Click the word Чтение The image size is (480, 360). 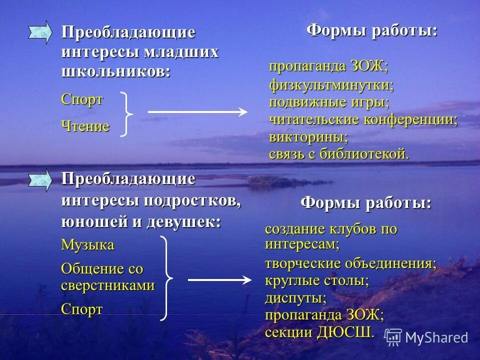pos(85,126)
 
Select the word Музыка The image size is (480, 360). pos(87,245)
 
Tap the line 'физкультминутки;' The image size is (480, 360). pos(331,85)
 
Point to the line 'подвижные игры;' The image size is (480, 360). pos(329,102)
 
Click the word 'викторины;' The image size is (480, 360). pos(308,136)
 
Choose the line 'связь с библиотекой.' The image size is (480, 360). pos(339,153)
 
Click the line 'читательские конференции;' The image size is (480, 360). pos(363,119)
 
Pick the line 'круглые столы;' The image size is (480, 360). pos(316,280)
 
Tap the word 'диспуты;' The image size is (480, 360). pos(295,298)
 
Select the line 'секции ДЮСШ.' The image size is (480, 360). pos(319,331)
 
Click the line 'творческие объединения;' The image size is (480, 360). pos(350,263)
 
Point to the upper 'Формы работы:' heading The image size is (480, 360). pos(371,30)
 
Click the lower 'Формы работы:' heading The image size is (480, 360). pos(365,203)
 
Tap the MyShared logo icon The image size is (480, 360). pos(393,337)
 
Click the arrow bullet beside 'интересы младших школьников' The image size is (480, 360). pos(39,32)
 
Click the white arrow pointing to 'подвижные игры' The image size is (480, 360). pos(197,112)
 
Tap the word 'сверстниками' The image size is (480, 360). pos(107,286)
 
